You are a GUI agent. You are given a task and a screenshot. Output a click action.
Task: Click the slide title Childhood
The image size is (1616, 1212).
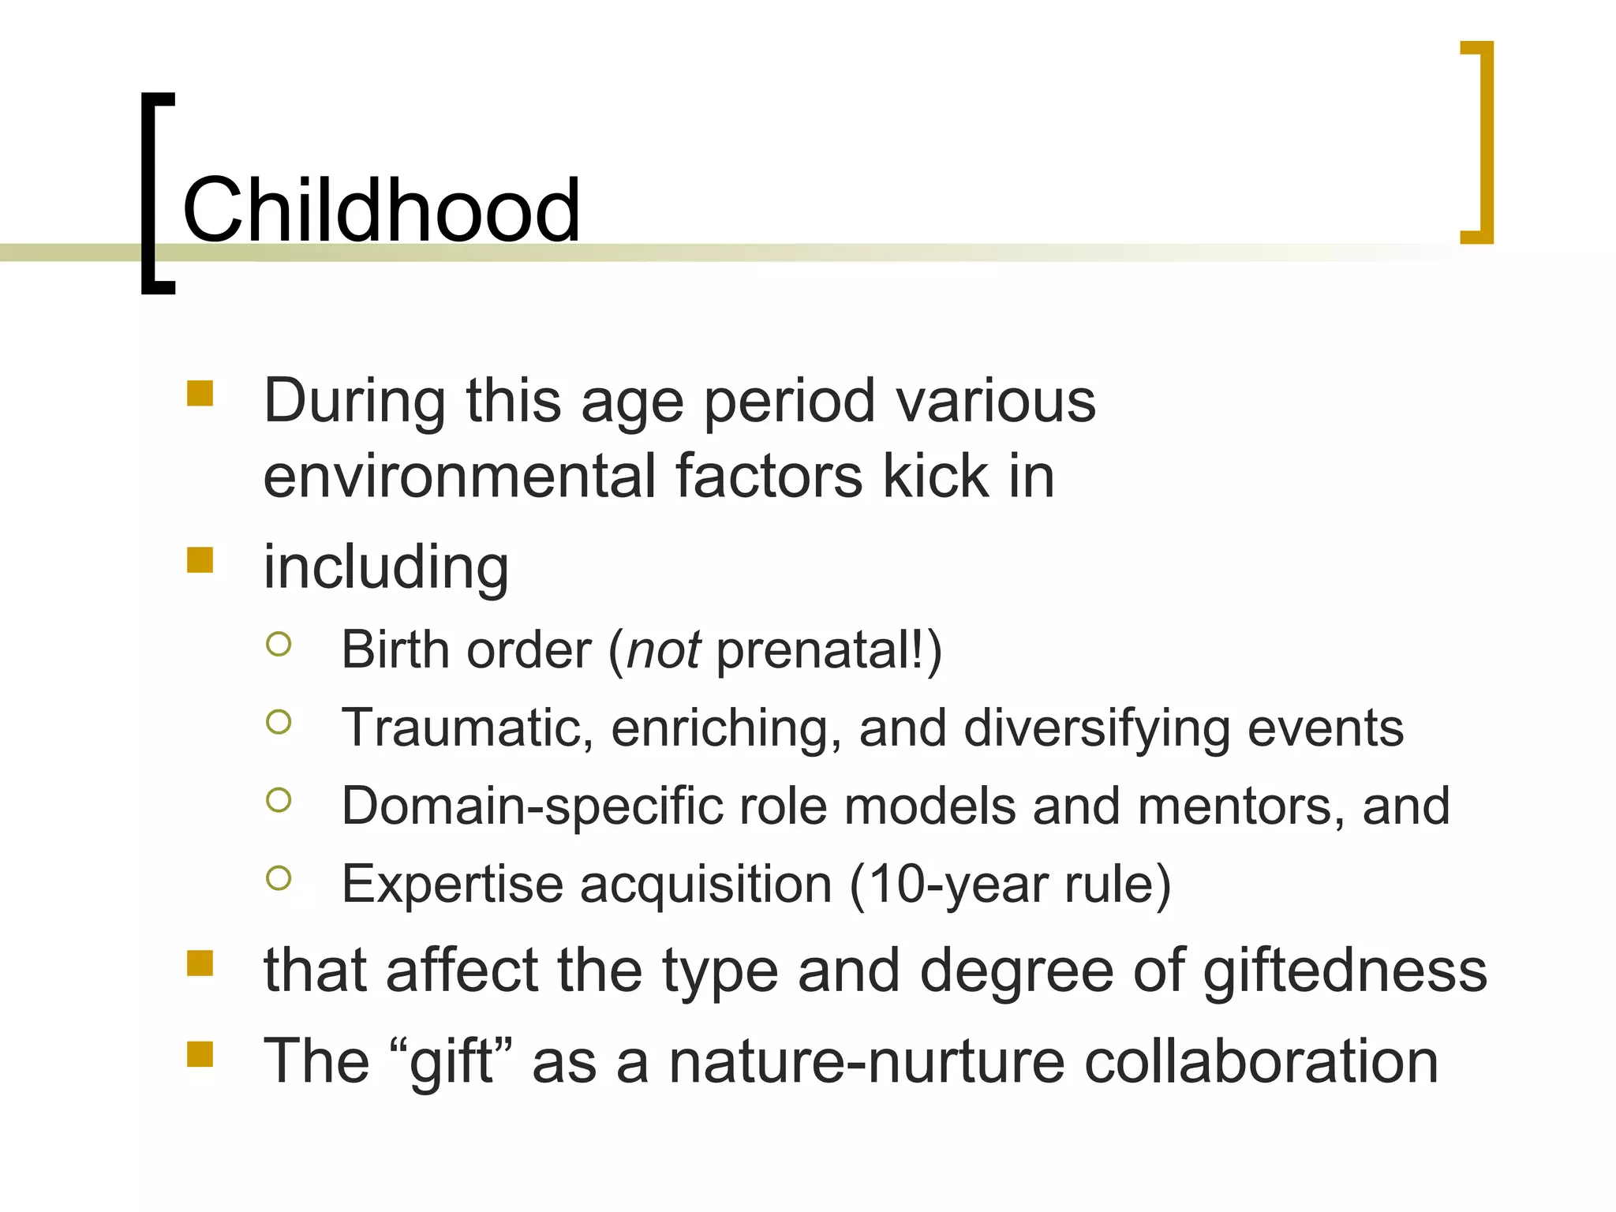pos(381,210)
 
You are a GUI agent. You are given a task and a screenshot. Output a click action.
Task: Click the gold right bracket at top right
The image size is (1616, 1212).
pos(1483,142)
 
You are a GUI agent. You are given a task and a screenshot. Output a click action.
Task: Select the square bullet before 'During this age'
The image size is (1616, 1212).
pos(200,393)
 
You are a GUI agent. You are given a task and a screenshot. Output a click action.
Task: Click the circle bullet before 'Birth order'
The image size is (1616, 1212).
pos(279,644)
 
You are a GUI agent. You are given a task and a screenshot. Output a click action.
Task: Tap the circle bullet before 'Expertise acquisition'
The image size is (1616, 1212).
pos(279,877)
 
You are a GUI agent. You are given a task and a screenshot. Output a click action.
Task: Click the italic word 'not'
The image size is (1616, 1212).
pos(663,650)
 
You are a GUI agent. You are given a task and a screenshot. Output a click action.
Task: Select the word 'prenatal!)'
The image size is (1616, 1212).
pos(829,650)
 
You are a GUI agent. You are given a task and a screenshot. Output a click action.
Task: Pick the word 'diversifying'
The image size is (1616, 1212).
pos(1097,728)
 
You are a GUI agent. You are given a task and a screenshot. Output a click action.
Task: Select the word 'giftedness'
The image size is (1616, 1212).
pos(1345,971)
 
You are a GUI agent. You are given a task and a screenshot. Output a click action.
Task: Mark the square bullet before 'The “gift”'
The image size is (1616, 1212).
pos(200,1054)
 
